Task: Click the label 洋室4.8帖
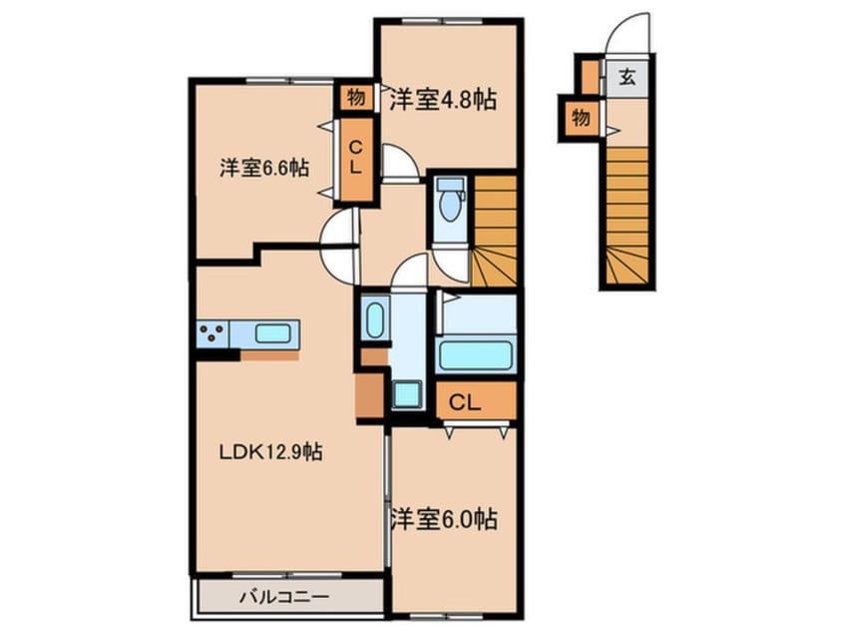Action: pos(443,100)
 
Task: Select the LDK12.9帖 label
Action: pos(270,452)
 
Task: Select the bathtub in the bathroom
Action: pos(475,354)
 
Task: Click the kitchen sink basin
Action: pos(271,332)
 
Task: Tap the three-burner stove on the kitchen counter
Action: pos(211,332)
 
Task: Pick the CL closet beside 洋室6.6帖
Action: pos(353,159)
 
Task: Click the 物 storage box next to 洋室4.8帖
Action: pos(353,97)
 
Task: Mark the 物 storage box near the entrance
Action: pos(580,119)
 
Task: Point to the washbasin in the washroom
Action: pos(374,320)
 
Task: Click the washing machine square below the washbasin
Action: pos(405,393)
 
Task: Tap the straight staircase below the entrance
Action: pos(628,215)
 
